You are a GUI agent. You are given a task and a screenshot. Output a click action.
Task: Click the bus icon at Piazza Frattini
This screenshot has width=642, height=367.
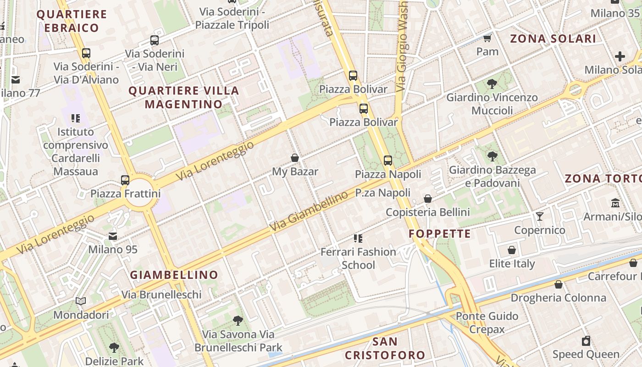(125, 180)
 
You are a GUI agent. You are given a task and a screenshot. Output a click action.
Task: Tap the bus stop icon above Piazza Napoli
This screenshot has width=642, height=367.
(388, 161)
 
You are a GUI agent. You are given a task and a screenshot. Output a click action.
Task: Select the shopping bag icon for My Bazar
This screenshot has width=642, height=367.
(295, 158)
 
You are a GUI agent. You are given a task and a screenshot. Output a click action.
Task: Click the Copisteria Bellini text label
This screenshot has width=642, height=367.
(427, 212)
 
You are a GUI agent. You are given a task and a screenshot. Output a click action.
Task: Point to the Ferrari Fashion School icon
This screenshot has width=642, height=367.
(358, 239)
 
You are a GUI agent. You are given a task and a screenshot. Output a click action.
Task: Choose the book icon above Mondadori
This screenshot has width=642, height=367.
(81, 301)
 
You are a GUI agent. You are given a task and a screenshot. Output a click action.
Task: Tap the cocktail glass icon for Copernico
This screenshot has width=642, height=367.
(540, 216)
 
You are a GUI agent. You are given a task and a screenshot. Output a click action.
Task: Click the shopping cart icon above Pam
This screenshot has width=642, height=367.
(487, 38)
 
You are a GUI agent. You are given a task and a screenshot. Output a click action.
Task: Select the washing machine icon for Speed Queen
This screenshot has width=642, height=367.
(586, 341)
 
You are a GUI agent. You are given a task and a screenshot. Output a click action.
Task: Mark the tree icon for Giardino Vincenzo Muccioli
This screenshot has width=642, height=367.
(492, 84)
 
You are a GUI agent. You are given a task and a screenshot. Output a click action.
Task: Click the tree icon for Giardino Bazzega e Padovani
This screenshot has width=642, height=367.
(492, 156)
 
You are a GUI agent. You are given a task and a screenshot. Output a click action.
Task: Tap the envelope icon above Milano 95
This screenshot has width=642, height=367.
(113, 236)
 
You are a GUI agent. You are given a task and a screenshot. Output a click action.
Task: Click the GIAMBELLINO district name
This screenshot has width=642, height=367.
(174, 275)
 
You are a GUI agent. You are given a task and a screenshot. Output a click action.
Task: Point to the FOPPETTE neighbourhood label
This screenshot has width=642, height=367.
(439, 234)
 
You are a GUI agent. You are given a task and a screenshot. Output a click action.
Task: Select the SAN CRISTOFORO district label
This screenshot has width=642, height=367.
(385, 348)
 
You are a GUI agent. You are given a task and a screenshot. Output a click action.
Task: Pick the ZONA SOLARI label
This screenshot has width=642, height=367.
(553, 39)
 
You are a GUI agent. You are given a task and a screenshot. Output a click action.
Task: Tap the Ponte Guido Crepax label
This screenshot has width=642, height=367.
(487, 323)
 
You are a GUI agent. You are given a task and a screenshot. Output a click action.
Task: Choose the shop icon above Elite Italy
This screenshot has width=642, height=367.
(512, 250)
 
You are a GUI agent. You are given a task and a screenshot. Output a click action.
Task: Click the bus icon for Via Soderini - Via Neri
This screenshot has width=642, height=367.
(155, 40)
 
